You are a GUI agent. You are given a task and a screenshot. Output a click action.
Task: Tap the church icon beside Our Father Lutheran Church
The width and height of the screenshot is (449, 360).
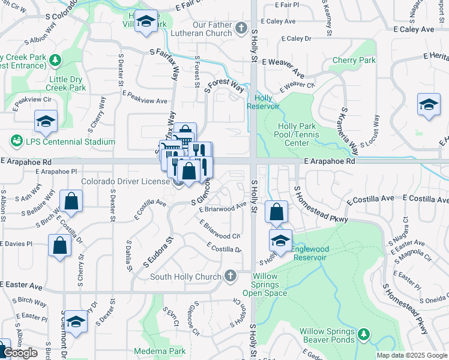click(241, 27)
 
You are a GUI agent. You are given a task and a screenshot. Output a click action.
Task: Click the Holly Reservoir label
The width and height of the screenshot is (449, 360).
click(267, 102)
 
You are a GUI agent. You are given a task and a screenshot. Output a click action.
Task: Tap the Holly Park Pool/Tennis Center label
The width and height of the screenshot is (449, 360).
click(301, 134)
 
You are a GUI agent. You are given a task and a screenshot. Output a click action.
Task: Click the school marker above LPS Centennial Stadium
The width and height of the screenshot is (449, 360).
click(46, 122)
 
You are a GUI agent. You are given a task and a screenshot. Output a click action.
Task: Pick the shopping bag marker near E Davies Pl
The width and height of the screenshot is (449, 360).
click(59, 245)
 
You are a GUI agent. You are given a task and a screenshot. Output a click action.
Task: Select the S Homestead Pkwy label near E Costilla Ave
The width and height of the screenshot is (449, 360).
click(321, 205)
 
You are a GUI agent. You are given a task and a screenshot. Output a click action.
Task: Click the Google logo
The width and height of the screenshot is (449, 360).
click(21, 353)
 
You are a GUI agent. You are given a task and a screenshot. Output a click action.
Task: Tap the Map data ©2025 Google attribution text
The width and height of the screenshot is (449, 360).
click(411, 355)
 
